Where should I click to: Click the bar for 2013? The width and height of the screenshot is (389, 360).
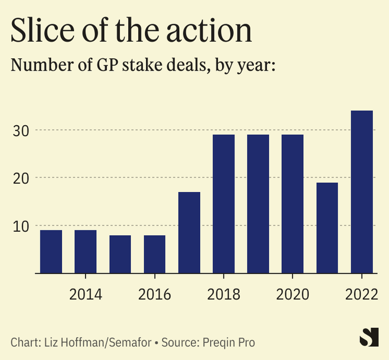(x=51, y=252)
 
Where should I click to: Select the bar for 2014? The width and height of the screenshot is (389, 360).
(x=85, y=252)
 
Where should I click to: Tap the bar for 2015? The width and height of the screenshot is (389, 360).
(x=120, y=254)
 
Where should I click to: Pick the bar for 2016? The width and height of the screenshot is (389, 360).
(x=155, y=254)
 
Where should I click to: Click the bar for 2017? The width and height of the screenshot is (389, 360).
(x=189, y=233)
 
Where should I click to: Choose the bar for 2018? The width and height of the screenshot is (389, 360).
(x=223, y=204)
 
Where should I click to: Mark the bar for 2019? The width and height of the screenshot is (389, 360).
(x=258, y=204)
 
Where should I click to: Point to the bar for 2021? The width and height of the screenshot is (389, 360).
(x=327, y=228)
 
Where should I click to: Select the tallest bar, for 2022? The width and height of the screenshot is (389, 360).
(x=362, y=192)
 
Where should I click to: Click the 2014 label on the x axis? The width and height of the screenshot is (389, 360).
(x=85, y=294)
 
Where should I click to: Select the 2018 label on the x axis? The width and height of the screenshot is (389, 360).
(x=223, y=294)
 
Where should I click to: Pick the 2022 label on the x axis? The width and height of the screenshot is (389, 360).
(x=362, y=294)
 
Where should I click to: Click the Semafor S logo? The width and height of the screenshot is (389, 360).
(x=368, y=337)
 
